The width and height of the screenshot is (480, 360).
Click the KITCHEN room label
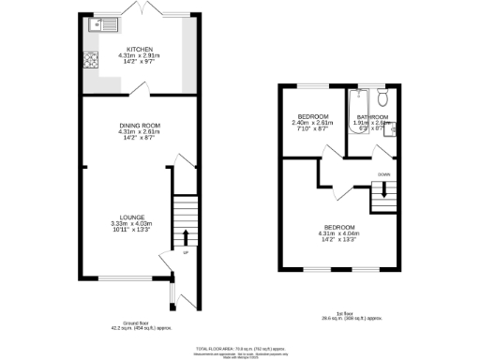[x=140, y=50]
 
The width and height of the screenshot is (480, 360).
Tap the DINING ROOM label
[x=141, y=126]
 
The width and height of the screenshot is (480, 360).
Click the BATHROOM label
[x=371, y=117]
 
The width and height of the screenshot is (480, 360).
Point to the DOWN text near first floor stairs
[x=383, y=174]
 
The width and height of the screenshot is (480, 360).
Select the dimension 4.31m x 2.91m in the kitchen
[x=140, y=56]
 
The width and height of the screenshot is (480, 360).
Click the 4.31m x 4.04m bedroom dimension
[x=339, y=233]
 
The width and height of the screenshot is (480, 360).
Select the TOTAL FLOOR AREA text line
[x=240, y=345]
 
